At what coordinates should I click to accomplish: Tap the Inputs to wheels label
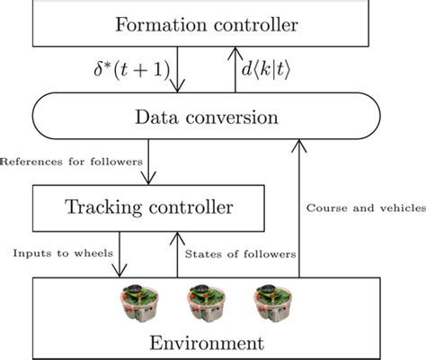pos(61,254)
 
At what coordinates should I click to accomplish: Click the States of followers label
pos(240,254)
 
